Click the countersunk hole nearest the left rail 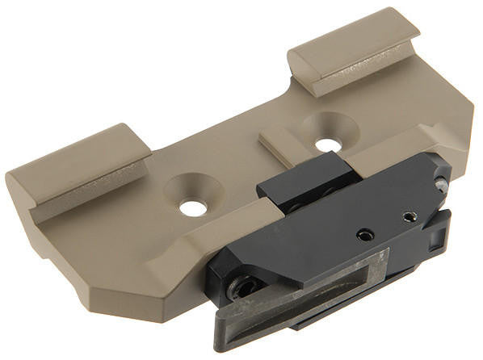193,207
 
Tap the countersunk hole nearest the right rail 327,145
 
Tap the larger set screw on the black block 366,234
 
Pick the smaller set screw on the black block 409,216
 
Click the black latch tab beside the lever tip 437,233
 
